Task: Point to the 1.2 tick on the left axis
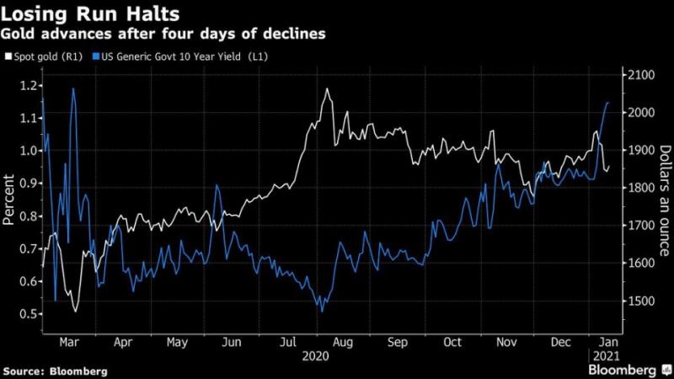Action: (x=26, y=85)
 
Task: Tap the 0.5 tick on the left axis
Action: (x=26, y=314)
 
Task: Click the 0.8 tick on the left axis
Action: (x=26, y=216)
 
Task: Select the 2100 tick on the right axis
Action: (x=640, y=75)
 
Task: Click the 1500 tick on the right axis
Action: (x=640, y=302)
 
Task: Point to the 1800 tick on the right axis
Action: (x=640, y=188)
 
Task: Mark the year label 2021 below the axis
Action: (x=605, y=358)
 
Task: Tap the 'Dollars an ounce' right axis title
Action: (x=665, y=200)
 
